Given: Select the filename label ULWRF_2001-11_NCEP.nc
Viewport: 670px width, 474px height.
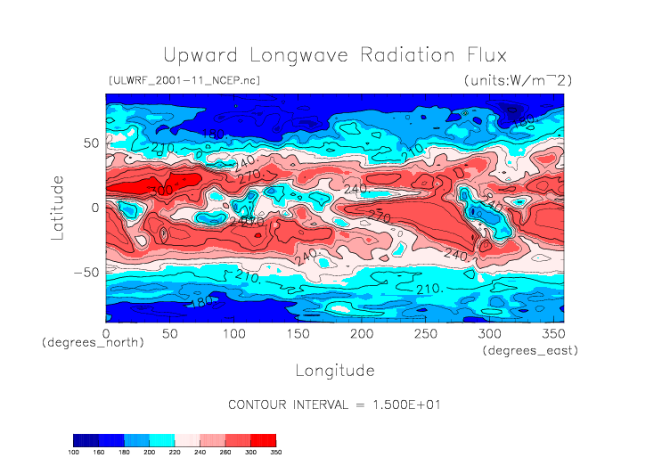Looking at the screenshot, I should pos(184,80).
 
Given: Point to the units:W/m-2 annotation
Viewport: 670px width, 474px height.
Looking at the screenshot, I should pos(518,80).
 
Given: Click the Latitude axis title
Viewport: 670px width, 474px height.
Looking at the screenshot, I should pos(58,207).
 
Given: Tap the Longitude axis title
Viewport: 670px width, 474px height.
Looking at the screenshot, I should pos(335,369).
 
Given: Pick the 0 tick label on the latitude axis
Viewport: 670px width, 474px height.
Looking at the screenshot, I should pos(94,208).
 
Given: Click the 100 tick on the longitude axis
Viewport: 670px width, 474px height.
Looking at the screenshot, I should pos(233,333).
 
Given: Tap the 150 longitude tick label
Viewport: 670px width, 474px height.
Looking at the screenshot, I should pos(298,333).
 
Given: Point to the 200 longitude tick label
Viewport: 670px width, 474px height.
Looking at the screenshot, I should pos(361,333).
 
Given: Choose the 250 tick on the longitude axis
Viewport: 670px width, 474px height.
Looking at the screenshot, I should pos(425,333).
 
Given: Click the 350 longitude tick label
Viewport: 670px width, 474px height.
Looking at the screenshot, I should pos(552,333).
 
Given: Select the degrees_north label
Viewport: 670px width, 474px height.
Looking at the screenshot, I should pos(94,343).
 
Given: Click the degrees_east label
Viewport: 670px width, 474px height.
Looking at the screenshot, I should pos(531,351).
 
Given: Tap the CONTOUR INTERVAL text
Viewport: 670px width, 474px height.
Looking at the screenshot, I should pos(335,405).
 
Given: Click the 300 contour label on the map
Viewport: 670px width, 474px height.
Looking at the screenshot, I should pos(161,191).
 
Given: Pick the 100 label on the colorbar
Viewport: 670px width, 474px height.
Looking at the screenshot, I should pos(74,452).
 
